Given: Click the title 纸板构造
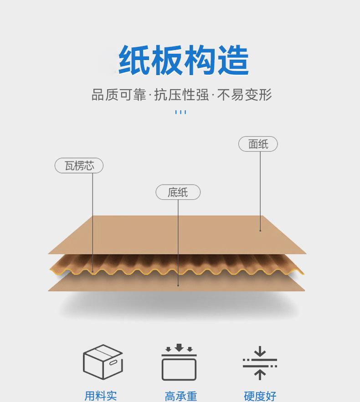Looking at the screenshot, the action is [x=184, y=61].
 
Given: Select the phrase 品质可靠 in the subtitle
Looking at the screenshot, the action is [x=118, y=95].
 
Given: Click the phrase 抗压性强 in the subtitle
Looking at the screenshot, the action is [x=181, y=95].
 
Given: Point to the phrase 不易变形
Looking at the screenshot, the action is [x=245, y=95].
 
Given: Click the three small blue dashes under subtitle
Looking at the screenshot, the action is [x=180, y=112].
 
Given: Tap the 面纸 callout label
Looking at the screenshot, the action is [x=258, y=144].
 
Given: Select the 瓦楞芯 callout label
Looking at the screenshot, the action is [x=79, y=166].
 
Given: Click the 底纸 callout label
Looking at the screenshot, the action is [x=178, y=192].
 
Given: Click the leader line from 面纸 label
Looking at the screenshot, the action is [x=260, y=191].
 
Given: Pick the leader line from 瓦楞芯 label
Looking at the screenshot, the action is [x=93, y=219].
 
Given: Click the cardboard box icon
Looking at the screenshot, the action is [x=103, y=362].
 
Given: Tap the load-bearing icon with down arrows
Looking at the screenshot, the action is [x=179, y=363].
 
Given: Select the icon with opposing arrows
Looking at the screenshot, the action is [x=260, y=363].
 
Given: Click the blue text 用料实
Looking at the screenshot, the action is [x=101, y=396].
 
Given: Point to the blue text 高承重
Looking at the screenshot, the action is [x=181, y=396].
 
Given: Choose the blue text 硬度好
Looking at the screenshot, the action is [x=260, y=396].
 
